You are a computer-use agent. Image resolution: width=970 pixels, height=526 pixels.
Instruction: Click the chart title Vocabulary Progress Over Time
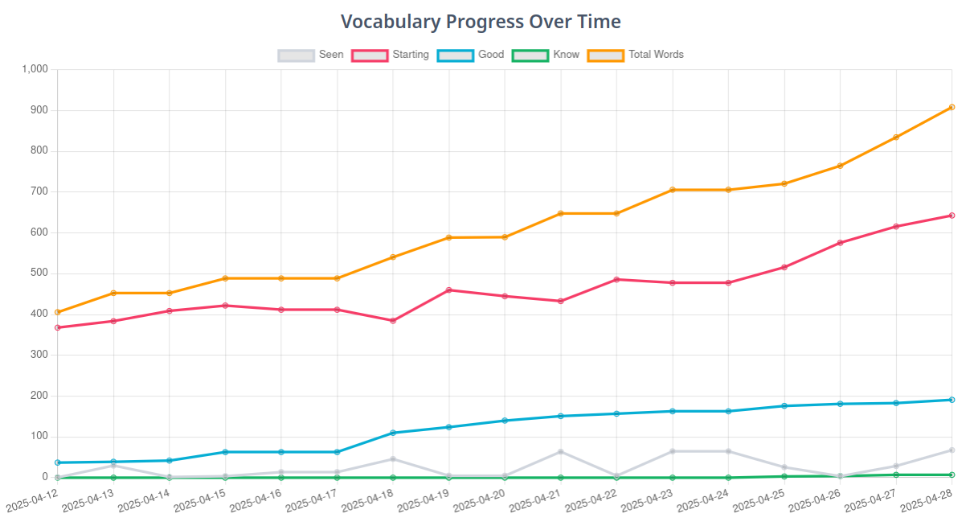tap(481, 21)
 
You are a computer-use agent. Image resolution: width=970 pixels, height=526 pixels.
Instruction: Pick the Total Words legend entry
tap(636, 55)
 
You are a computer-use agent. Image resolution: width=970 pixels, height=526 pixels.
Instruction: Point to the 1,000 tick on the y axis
tap(35, 69)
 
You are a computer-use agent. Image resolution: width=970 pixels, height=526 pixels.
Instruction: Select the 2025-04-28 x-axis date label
tap(926, 501)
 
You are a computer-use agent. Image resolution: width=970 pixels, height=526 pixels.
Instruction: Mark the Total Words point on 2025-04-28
tap(952, 107)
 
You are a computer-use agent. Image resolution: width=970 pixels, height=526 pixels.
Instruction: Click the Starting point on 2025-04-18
tap(393, 321)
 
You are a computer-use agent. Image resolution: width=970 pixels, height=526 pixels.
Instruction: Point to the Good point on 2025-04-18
tap(393, 433)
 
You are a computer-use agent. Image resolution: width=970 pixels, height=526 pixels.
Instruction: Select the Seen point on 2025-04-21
tap(561, 452)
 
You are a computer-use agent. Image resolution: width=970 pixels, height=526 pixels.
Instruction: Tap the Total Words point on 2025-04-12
tap(58, 312)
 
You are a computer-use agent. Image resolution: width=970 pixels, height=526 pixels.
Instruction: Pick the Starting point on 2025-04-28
tap(952, 216)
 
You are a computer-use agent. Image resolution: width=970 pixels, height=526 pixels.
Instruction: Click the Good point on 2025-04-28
tap(952, 400)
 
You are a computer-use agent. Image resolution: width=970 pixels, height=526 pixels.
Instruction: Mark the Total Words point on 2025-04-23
tap(673, 190)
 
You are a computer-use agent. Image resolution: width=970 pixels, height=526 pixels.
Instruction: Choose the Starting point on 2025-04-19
tap(448, 290)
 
